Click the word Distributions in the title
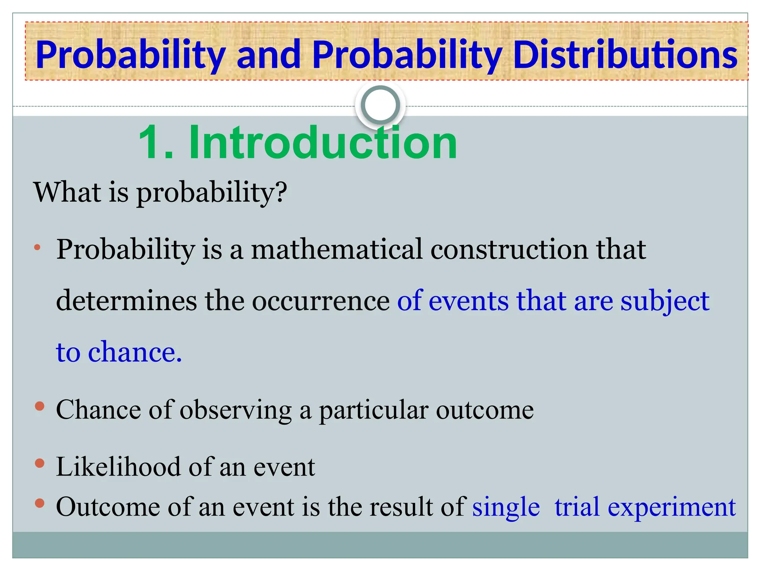tap(625, 55)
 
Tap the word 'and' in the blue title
tap(268, 55)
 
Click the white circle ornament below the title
tap(380, 105)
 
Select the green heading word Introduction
tap(323, 143)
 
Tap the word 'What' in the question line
tap(67, 192)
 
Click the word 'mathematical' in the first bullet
tap(337, 249)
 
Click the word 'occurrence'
tap(321, 300)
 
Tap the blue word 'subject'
tap(665, 300)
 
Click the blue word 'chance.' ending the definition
tap(135, 352)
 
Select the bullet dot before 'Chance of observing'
tap(40, 406)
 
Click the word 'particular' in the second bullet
tap(373, 410)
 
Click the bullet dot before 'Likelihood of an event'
tap(40, 463)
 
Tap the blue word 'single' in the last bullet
tap(506, 507)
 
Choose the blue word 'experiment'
tap(671, 507)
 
